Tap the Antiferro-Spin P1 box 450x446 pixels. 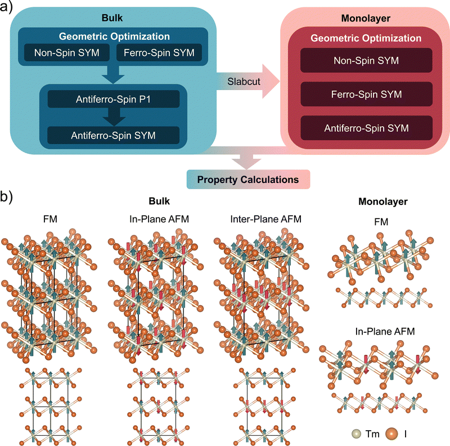click(x=113, y=100)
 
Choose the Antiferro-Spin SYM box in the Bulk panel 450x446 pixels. click(x=113, y=135)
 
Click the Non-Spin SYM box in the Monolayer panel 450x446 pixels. click(x=366, y=60)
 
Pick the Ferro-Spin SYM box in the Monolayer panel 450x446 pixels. click(x=366, y=93)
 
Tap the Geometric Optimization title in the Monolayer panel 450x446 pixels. click(x=366, y=38)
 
